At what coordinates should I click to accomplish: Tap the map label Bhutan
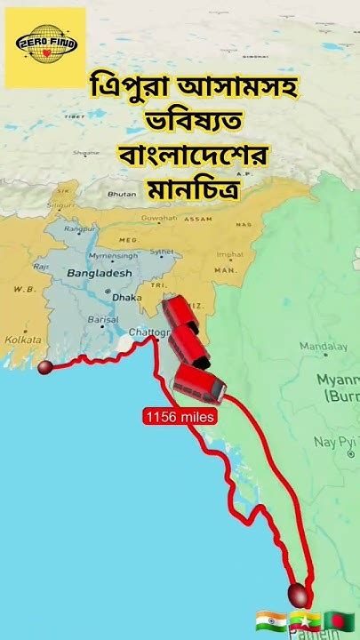(x=121, y=193)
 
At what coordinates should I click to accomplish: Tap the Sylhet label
(x=162, y=252)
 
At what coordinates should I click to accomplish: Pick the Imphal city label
(x=228, y=254)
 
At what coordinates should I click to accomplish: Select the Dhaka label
(x=126, y=298)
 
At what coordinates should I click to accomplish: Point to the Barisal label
(x=103, y=319)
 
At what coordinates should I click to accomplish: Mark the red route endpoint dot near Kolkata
(x=44, y=366)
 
